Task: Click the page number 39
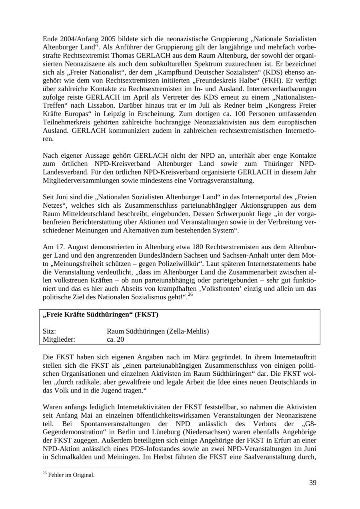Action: (312, 483)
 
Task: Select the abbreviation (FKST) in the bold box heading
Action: (146, 315)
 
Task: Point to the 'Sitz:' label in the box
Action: (49, 331)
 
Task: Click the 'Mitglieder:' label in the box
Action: (59, 340)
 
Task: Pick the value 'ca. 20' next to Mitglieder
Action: (116, 340)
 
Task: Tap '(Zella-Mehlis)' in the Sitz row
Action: (188, 331)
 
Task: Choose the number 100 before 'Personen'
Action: (228, 114)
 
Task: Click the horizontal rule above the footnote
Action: (86, 468)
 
